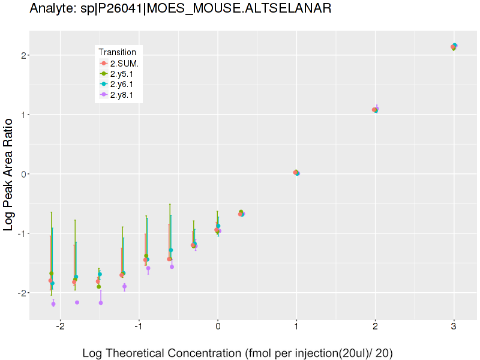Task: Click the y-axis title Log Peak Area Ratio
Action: (x=9, y=174)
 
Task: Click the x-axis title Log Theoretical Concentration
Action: (x=237, y=353)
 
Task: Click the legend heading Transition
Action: (x=121, y=52)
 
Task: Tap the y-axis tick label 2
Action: (x=22, y=55)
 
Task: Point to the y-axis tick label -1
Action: (x=20, y=233)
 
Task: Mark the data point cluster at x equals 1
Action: (x=296, y=173)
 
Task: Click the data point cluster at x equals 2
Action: (x=376, y=110)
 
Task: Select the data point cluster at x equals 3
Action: (x=454, y=47)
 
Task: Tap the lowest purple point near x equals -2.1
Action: (x=53, y=304)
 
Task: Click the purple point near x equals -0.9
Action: (x=148, y=269)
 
